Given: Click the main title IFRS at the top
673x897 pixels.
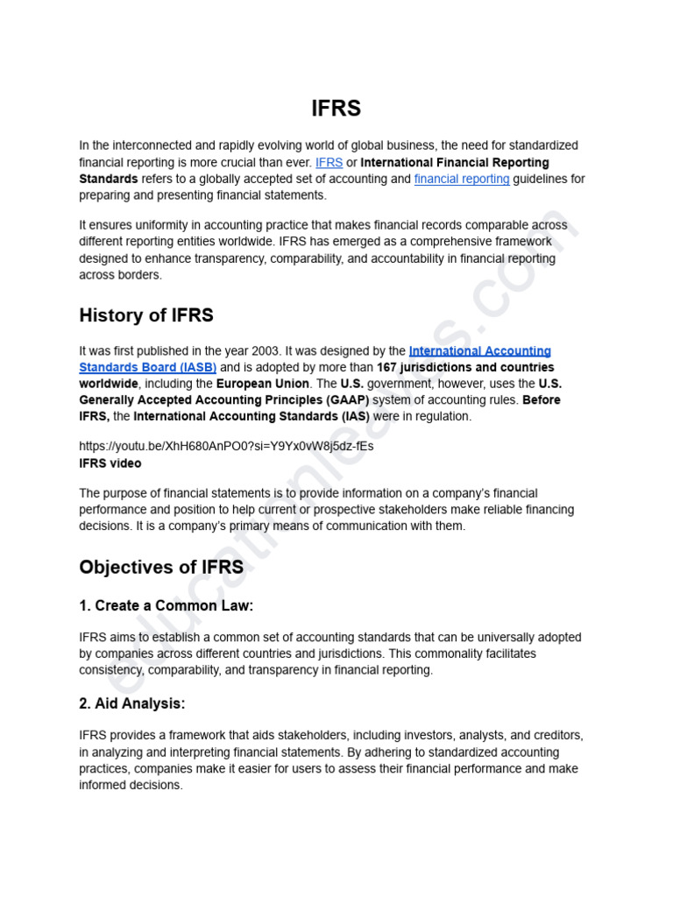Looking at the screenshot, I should [336, 109].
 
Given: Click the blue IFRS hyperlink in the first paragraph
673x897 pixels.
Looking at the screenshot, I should [329, 162].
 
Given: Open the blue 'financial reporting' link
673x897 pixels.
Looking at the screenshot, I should [462, 179].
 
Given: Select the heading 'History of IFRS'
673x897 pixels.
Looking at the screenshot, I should [145, 314].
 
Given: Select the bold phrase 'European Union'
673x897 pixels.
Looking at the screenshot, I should [263, 384].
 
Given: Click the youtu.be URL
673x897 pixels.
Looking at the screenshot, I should [226, 446].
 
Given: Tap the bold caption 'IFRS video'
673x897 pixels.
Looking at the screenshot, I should [110, 463].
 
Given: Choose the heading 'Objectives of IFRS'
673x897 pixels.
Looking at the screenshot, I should [161, 567].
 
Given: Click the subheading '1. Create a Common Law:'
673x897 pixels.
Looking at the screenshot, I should [166, 605].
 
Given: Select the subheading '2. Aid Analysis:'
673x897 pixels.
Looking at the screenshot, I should [132, 703].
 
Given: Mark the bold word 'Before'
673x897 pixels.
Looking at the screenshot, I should [542, 400].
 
